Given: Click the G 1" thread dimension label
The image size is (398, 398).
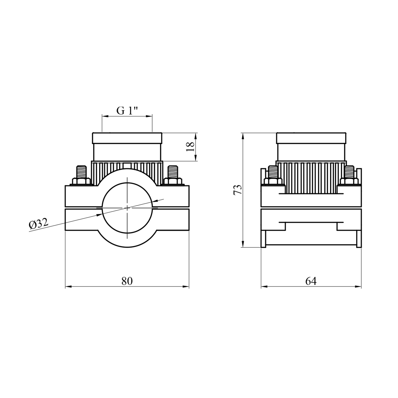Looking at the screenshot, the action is point(127,111).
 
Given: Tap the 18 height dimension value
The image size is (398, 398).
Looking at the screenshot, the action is point(190,146).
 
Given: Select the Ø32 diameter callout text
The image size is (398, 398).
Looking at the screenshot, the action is point(39,224).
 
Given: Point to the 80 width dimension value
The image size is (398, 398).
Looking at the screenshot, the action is point(127,281).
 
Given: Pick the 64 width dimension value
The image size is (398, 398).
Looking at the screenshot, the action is point(311,281).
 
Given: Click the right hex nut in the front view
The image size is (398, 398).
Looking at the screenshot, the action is point(173,182).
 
